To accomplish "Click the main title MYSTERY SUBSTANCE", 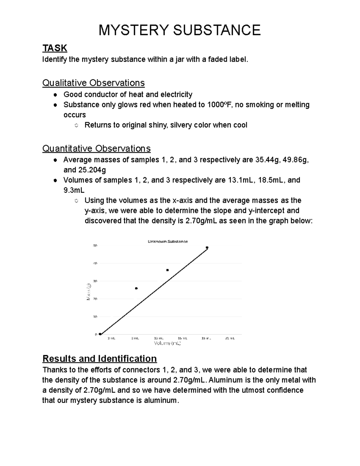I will pos(180,30).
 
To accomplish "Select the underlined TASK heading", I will pos(55,48).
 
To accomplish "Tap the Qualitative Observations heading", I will pos(93,83).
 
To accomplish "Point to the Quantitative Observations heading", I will pos(96,149).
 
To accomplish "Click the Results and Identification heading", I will pos(100,359).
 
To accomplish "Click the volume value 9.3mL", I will pos(74,191).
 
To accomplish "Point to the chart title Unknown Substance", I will pos(168,242).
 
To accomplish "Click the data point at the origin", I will pos(100,334).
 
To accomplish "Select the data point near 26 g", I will pos(136,288).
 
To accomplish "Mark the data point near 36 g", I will pos(167,270).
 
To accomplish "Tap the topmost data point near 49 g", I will pos(207,248).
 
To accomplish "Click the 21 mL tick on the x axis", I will pos(230,338).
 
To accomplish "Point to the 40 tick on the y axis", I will pos(95,263).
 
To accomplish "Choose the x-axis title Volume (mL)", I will pos(167,343).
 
